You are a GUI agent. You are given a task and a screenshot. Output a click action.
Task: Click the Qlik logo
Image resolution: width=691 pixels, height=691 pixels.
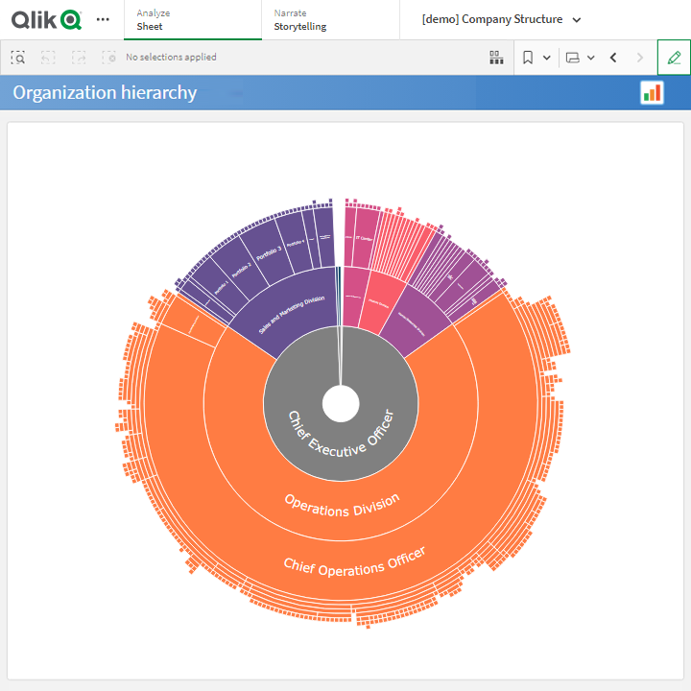[x=47, y=19]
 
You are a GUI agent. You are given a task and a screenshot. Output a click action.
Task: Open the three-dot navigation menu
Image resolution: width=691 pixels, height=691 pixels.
[x=103, y=19]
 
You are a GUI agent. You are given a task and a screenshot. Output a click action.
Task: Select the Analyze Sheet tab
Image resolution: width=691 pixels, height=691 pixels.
[x=192, y=19]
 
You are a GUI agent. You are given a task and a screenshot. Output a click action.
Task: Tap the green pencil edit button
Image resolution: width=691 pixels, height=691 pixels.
[x=674, y=58]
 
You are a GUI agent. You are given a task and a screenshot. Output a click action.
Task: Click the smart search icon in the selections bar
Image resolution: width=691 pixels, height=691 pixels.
[x=18, y=58]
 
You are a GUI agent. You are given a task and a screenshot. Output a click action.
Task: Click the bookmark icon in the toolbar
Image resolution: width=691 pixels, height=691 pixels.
[x=528, y=58]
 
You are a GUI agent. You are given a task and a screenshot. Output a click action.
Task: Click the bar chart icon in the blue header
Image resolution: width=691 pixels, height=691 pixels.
[x=653, y=92]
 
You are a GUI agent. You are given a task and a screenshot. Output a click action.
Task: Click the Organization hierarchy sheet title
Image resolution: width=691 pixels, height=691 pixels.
[x=105, y=93]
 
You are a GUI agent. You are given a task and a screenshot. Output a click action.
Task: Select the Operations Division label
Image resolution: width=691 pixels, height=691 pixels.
[x=342, y=504]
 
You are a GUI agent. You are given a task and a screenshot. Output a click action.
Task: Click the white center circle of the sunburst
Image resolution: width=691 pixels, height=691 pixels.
[x=341, y=404]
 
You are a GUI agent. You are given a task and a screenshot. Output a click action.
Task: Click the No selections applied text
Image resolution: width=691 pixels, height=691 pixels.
[x=171, y=58]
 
